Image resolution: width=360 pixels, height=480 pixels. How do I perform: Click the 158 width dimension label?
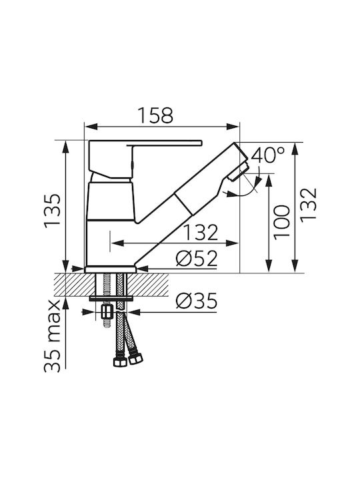pyautogui.click(x=155, y=115)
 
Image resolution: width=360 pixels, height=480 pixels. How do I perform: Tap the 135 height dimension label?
pyautogui.click(x=53, y=211)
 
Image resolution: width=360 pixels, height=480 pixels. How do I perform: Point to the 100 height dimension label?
pyautogui.click(x=281, y=223)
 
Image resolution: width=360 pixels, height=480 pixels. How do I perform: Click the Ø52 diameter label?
pyautogui.click(x=197, y=259)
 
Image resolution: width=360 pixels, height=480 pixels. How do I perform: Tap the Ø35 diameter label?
pyautogui.click(x=197, y=301)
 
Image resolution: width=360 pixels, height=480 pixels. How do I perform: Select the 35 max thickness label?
pyautogui.click(x=53, y=336)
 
